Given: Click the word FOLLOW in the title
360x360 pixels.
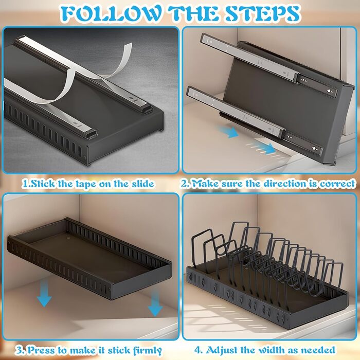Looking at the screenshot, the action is coord(111,13).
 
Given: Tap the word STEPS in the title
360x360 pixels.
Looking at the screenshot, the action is coord(262,13).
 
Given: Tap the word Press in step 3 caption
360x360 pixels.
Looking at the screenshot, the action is coord(41,350).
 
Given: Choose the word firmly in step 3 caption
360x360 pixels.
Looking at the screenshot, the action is coord(148,351).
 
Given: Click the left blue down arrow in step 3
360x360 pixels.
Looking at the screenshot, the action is coord(44,293).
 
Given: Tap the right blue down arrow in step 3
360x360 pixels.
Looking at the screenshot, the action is coord(155,302).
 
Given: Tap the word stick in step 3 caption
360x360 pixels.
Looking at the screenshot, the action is coord(119,350).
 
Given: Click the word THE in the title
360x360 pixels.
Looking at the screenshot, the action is coord(193,13).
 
